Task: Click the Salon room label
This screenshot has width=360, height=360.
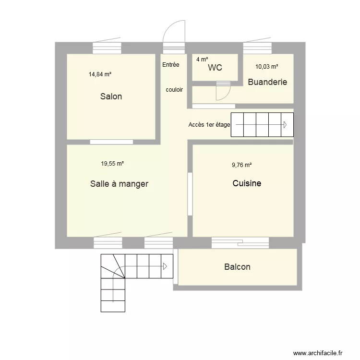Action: (x=111, y=96)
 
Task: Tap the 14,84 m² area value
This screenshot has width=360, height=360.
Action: (x=100, y=74)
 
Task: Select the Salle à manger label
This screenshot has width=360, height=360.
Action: (x=119, y=184)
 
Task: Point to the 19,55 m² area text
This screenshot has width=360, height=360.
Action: (x=112, y=164)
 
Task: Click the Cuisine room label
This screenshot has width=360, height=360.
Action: (x=247, y=183)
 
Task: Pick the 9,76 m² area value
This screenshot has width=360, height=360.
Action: (x=241, y=165)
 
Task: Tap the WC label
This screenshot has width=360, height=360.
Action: (x=215, y=68)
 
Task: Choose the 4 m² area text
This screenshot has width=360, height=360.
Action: (x=202, y=60)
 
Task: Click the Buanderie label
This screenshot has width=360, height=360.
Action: (x=267, y=82)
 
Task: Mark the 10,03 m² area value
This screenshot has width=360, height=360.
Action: (x=267, y=67)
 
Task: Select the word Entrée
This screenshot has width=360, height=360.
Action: (x=170, y=65)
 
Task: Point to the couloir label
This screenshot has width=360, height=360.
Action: (x=174, y=90)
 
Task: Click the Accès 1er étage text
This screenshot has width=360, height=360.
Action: (x=209, y=125)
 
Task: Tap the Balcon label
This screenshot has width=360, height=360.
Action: (x=237, y=267)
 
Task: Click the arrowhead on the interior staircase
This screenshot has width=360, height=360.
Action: (x=285, y=125)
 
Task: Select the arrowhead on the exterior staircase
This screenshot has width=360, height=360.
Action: (x=165, y=266)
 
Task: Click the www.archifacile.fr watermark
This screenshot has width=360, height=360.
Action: (x=318, y=353)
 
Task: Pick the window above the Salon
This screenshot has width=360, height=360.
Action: (x=107, y=48)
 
